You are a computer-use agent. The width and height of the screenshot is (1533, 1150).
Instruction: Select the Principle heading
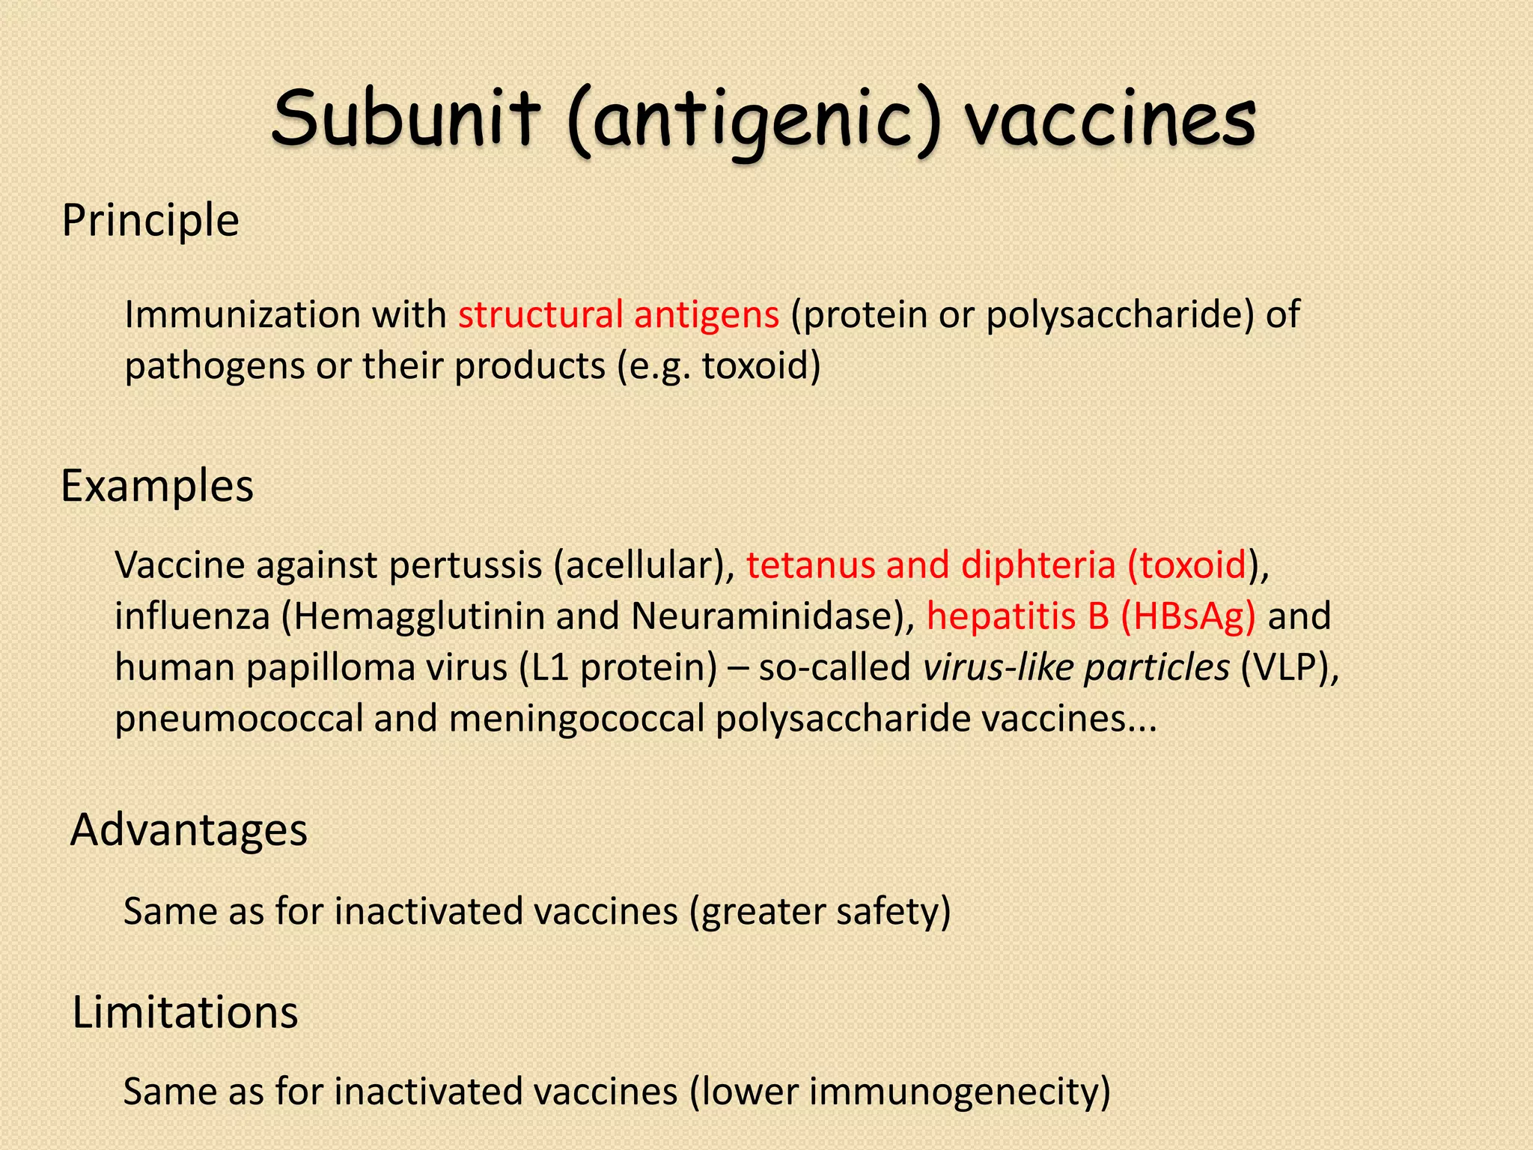(x=150, y=221)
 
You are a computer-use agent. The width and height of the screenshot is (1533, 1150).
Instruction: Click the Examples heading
(x=157, y=486)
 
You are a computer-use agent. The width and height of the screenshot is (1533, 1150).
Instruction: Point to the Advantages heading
(x=189, y=830)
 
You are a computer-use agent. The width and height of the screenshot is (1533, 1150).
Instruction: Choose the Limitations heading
(x=185, y=1012)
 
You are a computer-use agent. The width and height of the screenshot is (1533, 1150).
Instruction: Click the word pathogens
(x=214, y=367)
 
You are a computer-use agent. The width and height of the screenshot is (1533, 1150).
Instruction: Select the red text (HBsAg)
(x=1188, y=617)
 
